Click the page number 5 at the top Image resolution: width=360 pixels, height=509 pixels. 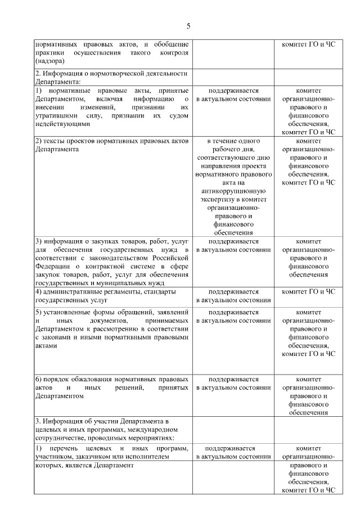pos(188,26)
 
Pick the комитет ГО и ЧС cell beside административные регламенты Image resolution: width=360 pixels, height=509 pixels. pos(308,292)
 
